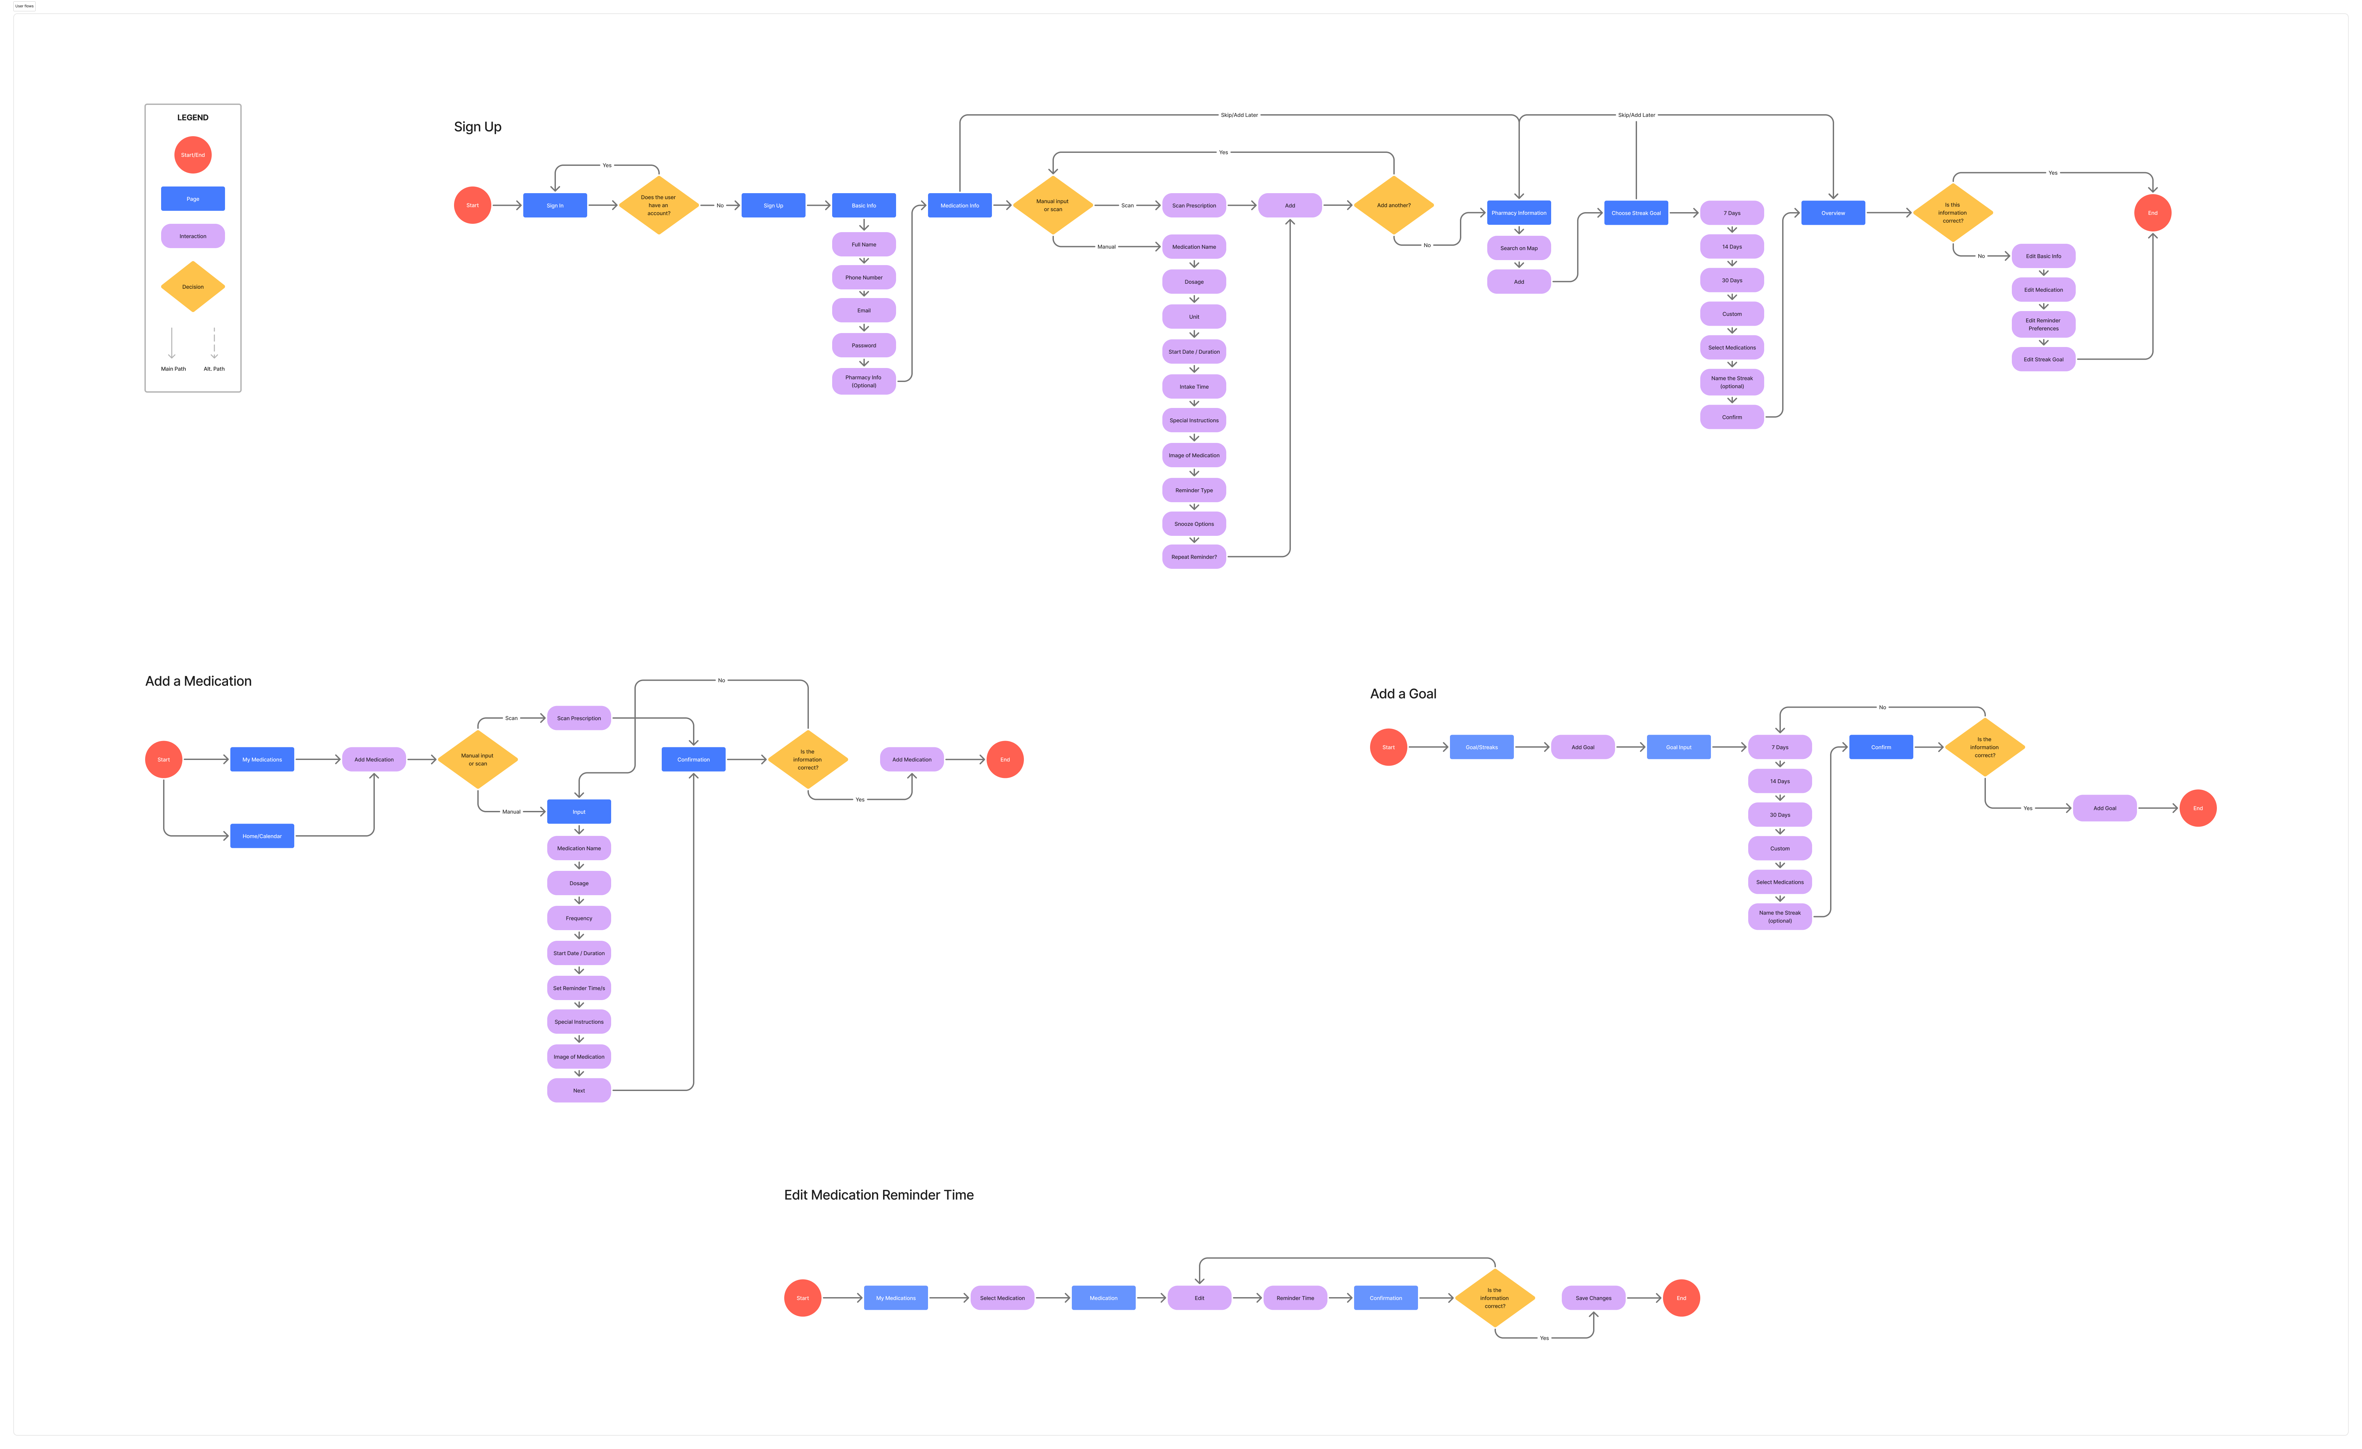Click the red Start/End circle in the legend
point(193,155)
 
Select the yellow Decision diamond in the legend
point(193,287)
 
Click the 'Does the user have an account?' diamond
point(658,205)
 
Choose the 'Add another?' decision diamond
point(1394,205)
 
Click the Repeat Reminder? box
point(1193,556)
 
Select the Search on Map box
point(1519,248)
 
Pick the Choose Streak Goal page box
point(1635,213)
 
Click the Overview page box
point(1833,213)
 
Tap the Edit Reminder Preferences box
point(2043,324)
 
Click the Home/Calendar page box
point(262,836)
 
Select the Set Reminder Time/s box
point(579,988)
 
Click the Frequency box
point(579,918)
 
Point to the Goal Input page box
point(1679,747)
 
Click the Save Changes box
point(1593,1297)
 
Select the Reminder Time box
point(1295,1297)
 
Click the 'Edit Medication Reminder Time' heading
point(878,1195)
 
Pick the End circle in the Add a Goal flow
point(2198,808)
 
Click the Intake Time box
point(1193,386)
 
